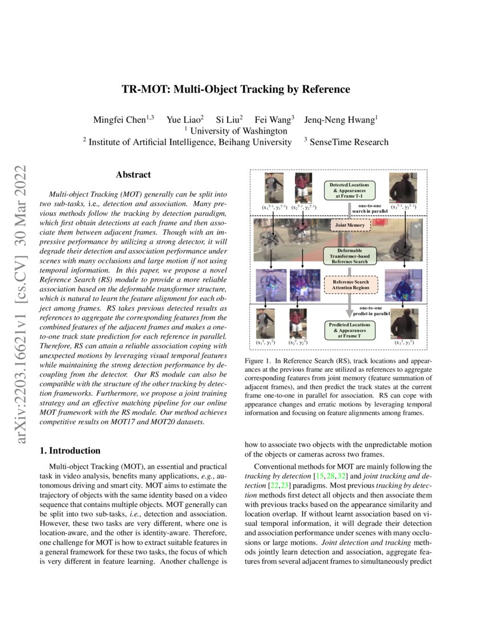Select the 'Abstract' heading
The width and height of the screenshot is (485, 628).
pos(133,175)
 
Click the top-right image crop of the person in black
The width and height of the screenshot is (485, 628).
pos(403,188)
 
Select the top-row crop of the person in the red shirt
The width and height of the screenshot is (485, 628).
pos(303,188)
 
